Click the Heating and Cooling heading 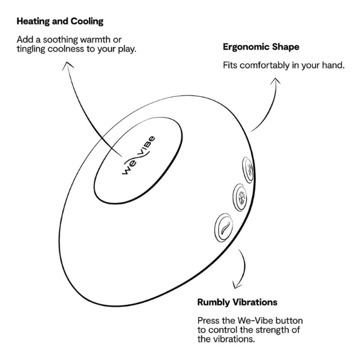coord(60,21)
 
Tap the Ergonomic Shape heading coord(261,47)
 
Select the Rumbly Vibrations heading coord(237,302)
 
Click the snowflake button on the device coord(240,198)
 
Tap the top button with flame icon coord(248,170)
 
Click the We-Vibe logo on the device coord(138,155)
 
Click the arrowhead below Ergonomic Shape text coord(275,81)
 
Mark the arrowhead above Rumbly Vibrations coord(237,285)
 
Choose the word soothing coord(61,40)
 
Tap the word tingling coord(31,49)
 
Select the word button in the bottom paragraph coord(289,320)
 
